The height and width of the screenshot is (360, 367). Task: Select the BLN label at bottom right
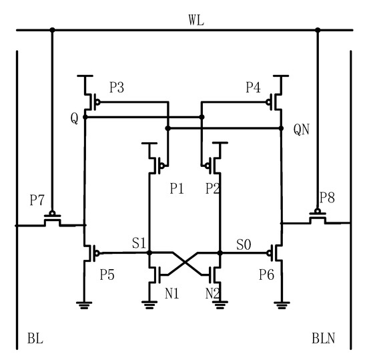(323, 339)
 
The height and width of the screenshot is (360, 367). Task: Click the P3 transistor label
(117, 87)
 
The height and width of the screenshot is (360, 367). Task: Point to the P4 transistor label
(254, 87)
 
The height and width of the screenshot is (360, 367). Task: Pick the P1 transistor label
(177, 189)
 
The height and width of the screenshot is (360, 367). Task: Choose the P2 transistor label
(212, 189)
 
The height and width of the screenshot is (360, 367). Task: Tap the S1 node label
(139, 244)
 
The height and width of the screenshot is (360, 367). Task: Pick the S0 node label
(244, 244)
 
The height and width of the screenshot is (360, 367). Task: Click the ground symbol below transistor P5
(85, 304)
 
